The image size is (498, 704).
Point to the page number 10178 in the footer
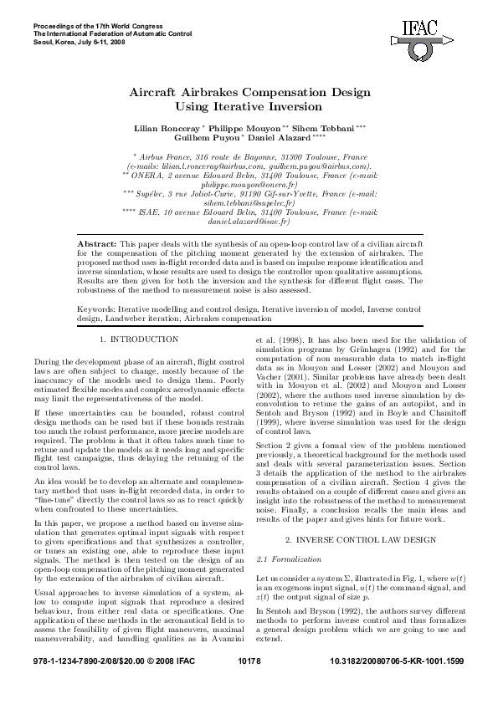click(249, 684)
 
